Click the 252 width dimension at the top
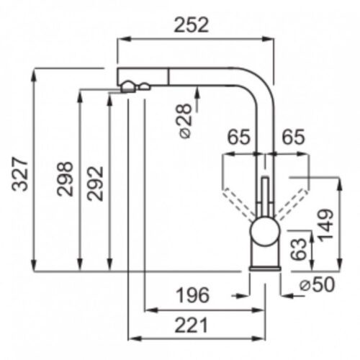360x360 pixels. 192,25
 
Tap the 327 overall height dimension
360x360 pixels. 20,174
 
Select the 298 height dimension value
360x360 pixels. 65,179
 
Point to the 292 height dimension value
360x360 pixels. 95,184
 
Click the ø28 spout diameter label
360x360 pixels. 186,121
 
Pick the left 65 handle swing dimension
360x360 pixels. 238,137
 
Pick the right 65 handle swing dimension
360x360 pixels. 293,137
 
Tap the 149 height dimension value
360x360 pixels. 325,225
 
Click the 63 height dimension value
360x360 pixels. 299,249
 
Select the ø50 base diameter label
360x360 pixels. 317,284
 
